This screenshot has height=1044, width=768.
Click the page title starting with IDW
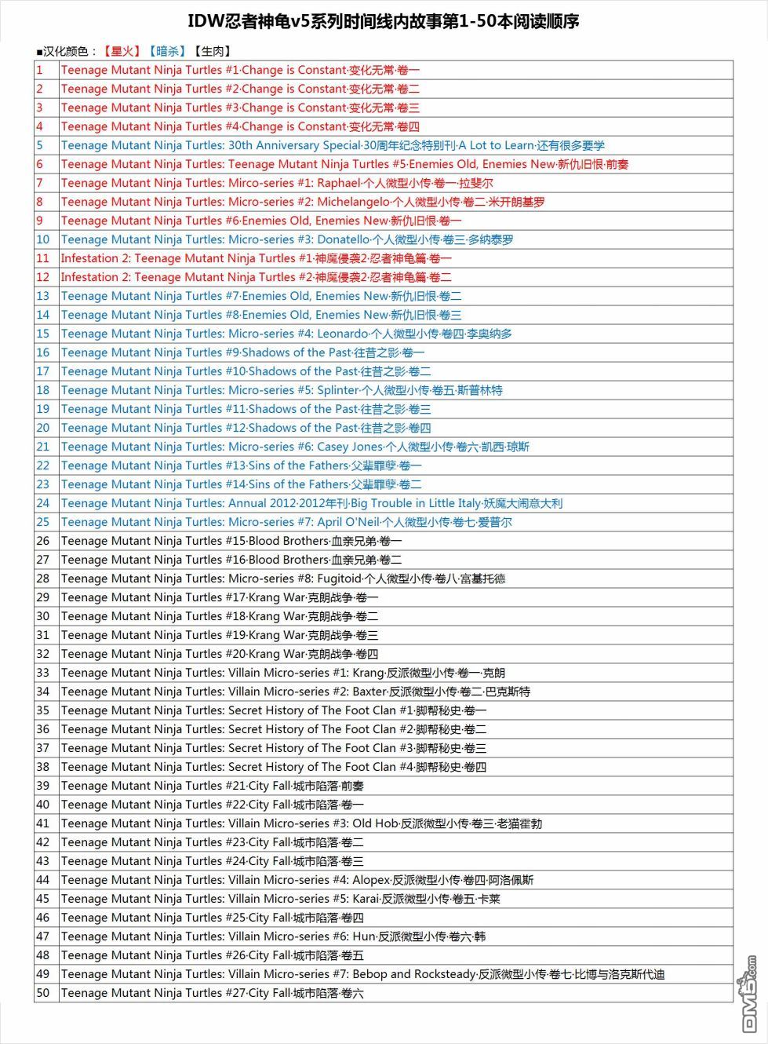pos(384,21)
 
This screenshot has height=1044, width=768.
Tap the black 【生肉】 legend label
pos(212,52)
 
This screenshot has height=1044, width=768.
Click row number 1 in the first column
pos(40,70)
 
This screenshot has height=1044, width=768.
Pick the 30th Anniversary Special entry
pos(333,145)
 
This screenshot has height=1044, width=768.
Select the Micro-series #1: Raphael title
pos(277,183)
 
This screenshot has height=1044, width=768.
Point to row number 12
pos(43,277)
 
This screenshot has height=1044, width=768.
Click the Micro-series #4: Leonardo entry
pos(286,334)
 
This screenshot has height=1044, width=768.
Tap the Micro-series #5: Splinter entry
pos(282,390)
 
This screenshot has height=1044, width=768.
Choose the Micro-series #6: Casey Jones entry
pos(295,447)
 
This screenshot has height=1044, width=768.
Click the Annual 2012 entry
pos(311,503)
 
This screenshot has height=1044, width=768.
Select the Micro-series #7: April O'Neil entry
pos(286,522)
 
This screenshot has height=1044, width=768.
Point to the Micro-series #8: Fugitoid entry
pos(283,579)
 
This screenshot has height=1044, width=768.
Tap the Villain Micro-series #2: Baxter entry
pos(296,692)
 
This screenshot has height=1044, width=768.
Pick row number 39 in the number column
pos(43,786)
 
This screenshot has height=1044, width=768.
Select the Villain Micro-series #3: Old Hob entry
pos(301,823)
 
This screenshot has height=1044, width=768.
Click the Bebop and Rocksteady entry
pos(362,974)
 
